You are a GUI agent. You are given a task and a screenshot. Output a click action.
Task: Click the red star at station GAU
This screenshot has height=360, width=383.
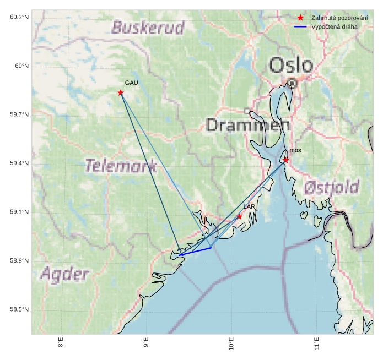(121, 92)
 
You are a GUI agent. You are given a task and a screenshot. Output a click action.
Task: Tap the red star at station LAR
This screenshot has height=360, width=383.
(239, 216)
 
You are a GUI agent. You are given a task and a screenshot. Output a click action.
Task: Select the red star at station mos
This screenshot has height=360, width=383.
(285, 160)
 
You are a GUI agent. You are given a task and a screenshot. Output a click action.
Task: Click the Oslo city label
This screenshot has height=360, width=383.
(291, 65)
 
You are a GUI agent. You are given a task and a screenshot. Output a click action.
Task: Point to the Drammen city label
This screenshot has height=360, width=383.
(248, 126)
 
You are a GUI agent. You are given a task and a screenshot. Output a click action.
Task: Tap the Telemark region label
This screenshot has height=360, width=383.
(121, 165)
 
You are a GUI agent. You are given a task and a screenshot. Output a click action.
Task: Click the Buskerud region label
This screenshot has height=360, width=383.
(148, 28)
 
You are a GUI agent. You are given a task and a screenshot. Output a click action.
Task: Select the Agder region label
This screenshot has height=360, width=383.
(64, 274)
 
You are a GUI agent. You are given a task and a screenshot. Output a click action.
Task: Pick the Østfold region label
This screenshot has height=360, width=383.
(332, 188)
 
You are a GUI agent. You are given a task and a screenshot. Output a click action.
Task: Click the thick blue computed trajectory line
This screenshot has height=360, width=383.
(196, 252)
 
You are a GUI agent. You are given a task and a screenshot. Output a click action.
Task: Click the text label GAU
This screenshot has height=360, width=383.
(131, 83)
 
